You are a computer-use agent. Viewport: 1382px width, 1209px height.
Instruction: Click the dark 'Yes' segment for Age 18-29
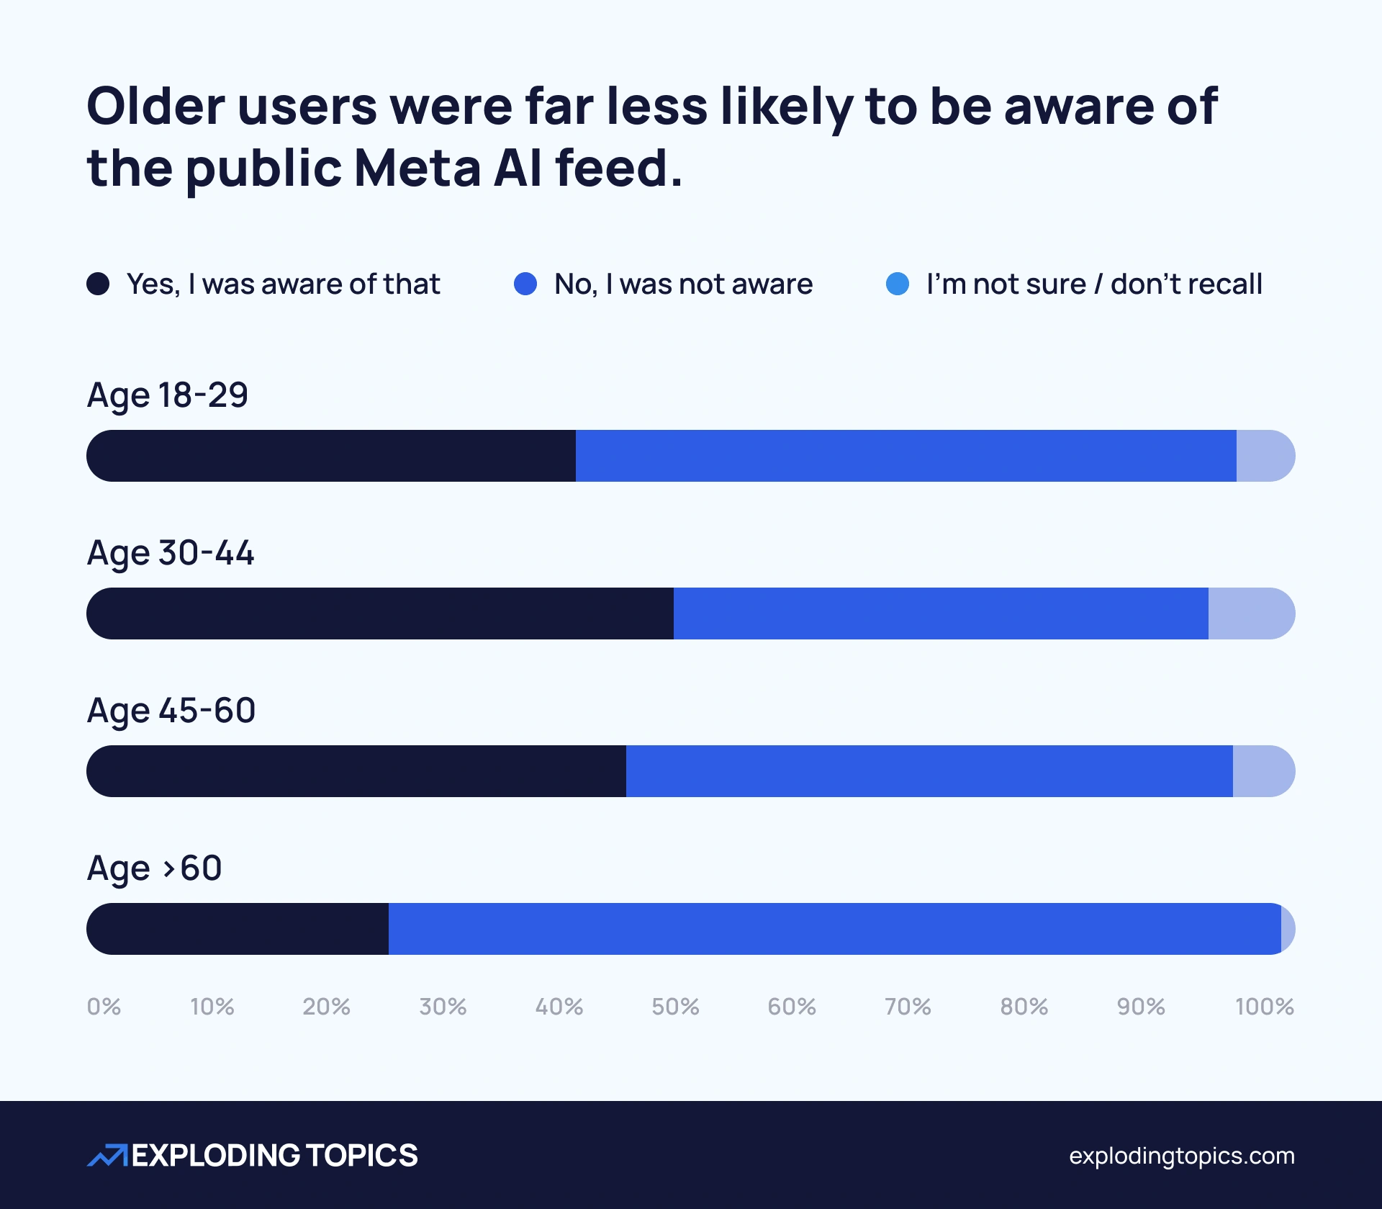point(331,456)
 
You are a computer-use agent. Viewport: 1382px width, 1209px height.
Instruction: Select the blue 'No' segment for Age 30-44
point(941,614)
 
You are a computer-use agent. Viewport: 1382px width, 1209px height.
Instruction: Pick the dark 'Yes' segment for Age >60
point(238,929)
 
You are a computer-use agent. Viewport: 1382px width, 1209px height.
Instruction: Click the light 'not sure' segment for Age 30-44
point(1250,614)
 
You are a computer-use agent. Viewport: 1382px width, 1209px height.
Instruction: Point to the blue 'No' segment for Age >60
point(835,929)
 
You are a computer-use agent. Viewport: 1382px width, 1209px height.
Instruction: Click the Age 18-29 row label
point(168,395)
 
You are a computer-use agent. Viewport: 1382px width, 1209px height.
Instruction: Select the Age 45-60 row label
point(171,711)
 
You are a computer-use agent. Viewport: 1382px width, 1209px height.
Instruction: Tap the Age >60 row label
point(155,868)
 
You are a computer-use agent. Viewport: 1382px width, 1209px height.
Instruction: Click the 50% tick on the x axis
point(675,1007)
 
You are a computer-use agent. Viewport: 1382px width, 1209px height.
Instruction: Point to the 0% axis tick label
point(104,1007)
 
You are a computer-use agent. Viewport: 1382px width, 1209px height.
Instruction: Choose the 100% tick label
point(1264,1007)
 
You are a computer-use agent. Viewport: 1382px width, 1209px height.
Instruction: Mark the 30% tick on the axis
point(443,1007)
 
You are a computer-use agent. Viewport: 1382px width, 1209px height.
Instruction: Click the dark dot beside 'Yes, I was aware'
point(98,284)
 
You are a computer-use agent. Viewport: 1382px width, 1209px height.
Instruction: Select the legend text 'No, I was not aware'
point(683,284)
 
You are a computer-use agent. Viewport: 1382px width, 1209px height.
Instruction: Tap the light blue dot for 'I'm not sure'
point(897,284)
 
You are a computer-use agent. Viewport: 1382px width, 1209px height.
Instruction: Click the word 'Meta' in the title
point(417,168)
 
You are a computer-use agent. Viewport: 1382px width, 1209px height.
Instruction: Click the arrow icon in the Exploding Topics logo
point(107,1155)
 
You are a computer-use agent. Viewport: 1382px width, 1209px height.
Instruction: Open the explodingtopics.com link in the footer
point(1181,1156)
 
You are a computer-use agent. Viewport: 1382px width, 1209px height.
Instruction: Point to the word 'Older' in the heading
point(155,107)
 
